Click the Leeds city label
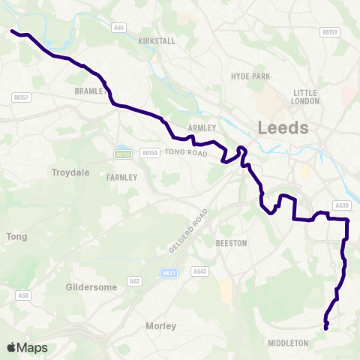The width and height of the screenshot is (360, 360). [283, 127]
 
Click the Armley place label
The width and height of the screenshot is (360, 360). [202, 127]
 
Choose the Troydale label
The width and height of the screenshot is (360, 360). [70, 172]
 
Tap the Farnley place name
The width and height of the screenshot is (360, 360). [122, 178]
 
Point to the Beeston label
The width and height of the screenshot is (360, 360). [231, 244]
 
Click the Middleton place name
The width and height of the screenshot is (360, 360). [287, 343]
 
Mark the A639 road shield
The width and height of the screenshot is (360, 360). [343, 205]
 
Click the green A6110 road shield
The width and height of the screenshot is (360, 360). [123, 154]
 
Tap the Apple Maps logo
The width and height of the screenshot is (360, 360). [27, 347]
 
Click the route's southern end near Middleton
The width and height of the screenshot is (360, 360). [325, 328]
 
